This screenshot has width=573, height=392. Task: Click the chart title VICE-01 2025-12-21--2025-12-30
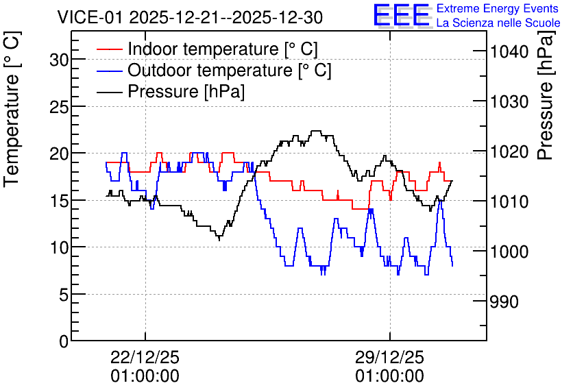tap(190, 17)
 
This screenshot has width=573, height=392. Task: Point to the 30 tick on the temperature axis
tap(59, 59)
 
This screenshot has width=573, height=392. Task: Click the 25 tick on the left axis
tap(59, 106)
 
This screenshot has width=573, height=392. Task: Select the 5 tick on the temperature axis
tap(64, 295)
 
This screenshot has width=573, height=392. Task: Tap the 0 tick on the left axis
tap(64, 341)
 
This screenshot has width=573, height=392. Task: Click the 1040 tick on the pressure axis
tap(509, 52)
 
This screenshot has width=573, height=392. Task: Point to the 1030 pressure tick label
tap(509, 101)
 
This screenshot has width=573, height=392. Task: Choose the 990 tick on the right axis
tap(504, 302)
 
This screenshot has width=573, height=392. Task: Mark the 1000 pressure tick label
tap(509, 252)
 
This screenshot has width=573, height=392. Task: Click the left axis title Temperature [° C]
tap(12, 109)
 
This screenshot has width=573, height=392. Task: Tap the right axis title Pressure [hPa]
tap(546, 95)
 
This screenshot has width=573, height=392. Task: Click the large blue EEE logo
tap(401, 15)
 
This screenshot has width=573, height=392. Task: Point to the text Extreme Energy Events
tap(498, 8)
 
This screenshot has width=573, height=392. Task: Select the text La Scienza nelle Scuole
tap(498, 23)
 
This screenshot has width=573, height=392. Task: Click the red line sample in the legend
tap(109, 49)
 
